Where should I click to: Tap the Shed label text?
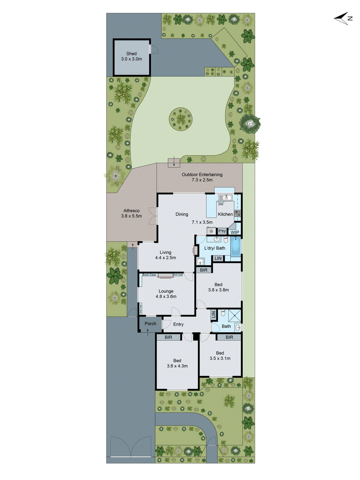131,54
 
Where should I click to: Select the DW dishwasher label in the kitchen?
221,204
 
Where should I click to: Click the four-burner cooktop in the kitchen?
237,213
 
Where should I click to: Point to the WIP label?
235,232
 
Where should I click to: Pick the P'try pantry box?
222,231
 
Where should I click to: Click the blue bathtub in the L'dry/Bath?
236,247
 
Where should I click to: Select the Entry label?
178,324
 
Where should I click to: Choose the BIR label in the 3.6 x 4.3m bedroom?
169,337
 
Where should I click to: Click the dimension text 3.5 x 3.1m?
220,358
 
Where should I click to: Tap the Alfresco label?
131,211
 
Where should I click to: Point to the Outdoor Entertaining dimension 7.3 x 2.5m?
202,180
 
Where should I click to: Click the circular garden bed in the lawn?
180,119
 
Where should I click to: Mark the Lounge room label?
166,291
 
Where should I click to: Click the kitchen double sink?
225,197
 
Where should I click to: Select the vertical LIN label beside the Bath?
214,314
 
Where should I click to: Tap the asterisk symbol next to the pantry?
211,231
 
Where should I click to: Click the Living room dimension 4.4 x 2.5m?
165,258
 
